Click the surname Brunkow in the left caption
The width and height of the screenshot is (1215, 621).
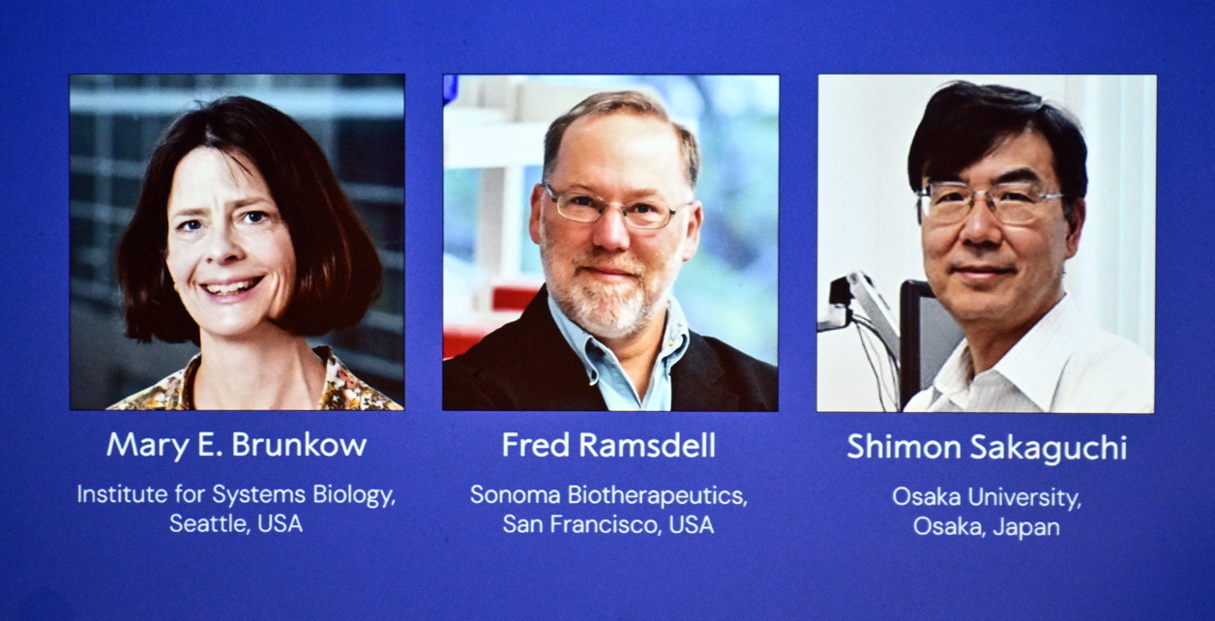300,445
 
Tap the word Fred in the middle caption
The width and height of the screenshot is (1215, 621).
535,445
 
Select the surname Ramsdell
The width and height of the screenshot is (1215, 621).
647,445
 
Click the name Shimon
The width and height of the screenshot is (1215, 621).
904,447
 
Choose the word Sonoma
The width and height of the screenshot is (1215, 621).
515,494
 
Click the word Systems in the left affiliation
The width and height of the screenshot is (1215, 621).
258,495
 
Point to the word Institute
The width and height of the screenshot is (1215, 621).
122,494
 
